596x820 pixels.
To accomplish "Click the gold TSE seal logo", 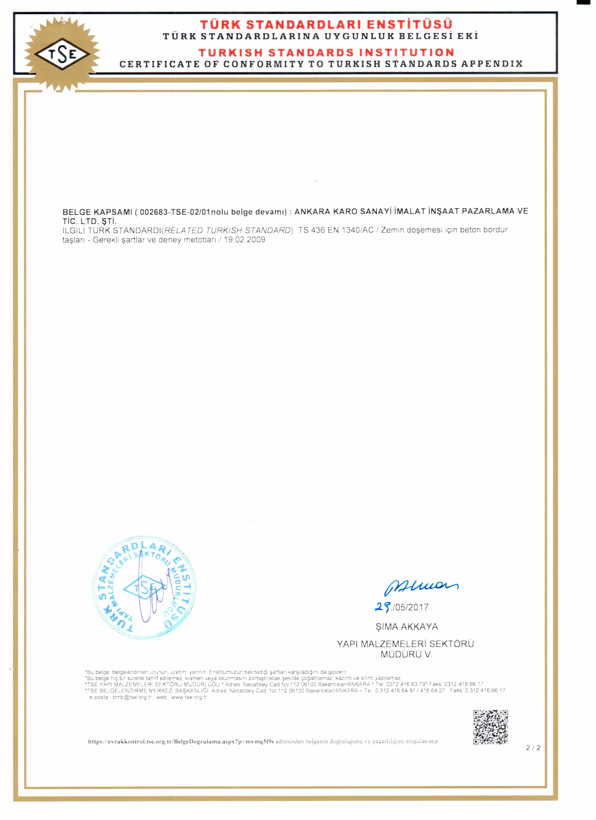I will click(x=62, y=55).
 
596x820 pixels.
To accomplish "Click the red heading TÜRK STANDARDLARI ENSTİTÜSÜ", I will click(x=326, y=25).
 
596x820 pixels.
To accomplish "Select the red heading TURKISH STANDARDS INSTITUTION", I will click(x=326, y=53).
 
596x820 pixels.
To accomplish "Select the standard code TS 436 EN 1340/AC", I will click(x=336, y=230).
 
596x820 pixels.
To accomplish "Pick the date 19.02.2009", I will click(x=244, y=240).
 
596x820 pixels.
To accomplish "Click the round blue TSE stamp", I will click(x=144, y=588).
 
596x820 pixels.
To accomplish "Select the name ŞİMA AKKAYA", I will click(x=407, y=626).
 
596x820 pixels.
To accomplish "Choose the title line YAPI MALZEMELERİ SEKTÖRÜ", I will click(x=405, y=644).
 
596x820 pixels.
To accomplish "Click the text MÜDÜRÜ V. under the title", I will click(x=406, y=654).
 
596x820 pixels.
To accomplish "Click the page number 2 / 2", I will click(x=533, y=748).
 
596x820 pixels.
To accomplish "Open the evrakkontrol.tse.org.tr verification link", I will click(x=181, y=741).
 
